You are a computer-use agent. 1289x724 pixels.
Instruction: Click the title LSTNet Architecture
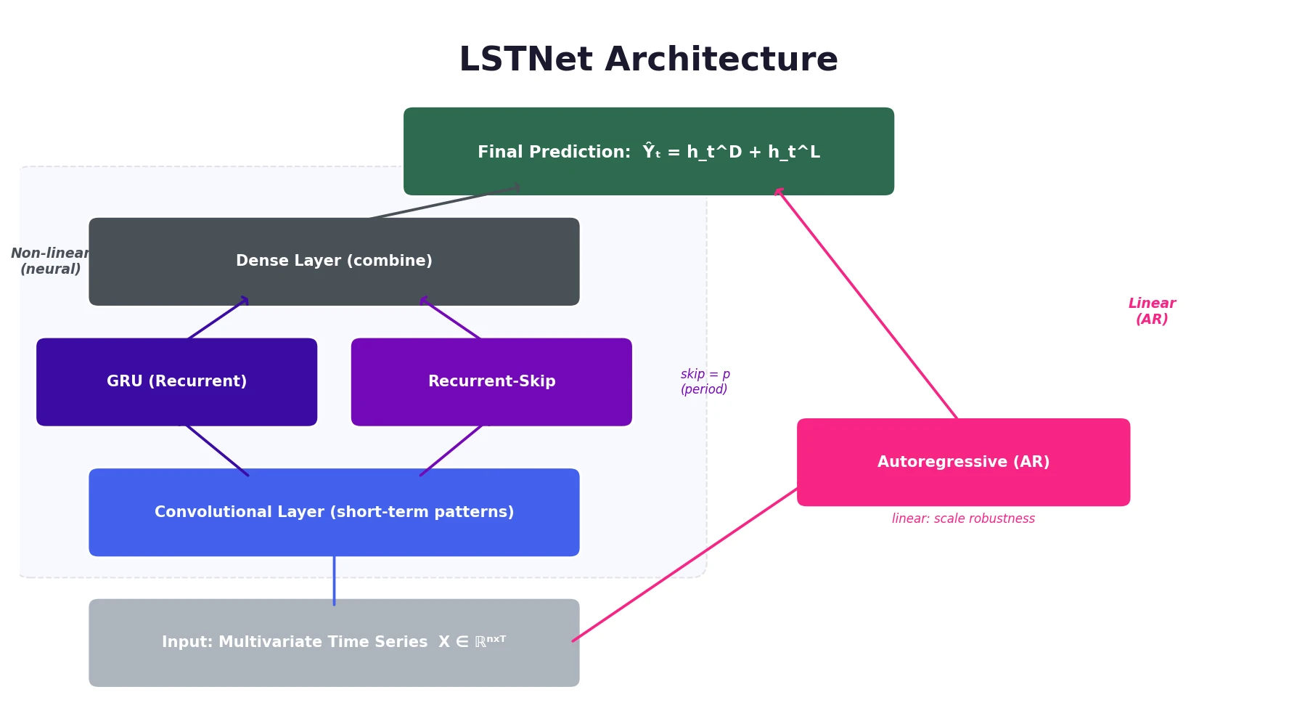point(648,60)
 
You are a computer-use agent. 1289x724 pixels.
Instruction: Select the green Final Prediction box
point(648,152)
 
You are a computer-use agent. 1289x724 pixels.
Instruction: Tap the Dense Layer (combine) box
point(334,261)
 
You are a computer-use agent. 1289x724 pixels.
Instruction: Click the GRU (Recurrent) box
point(176,382)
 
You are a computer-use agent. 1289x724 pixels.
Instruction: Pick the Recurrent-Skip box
point(491,382)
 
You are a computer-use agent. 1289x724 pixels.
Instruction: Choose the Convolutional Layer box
point(334,513)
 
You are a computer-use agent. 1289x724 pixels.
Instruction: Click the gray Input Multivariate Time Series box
point(334,643)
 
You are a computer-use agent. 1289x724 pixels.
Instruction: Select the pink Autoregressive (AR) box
point(963,463)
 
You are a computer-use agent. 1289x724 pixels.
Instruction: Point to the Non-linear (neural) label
point(50,261)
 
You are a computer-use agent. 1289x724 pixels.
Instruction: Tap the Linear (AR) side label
point(1151,312)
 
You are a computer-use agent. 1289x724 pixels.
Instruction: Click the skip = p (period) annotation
point(705,382)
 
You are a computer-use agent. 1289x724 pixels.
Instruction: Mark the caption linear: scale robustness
point(963,518)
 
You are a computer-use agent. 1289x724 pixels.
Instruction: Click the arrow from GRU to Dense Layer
point(218,318)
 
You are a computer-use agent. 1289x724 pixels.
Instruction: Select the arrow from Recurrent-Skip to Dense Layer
point(451,318)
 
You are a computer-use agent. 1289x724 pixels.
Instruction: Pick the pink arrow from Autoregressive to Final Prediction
point(867,304)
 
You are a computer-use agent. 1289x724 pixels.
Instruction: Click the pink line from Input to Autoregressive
point(684,566)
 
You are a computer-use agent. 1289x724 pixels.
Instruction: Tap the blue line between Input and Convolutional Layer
point(334,579)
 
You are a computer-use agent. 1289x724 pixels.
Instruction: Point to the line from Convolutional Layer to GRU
point(217,450)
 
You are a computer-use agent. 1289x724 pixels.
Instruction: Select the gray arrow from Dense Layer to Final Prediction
point(443,203)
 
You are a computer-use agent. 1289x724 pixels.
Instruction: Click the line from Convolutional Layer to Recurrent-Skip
point(451,450)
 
